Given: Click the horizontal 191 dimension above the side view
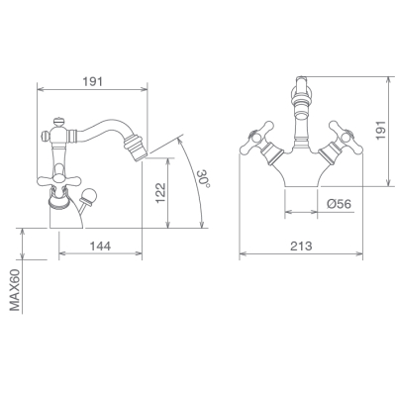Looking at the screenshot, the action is [x=93, y=81].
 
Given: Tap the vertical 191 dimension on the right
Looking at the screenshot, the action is [x=381, y=130].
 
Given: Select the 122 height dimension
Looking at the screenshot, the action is [x=160, y=193].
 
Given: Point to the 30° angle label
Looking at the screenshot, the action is [x=204, y=178].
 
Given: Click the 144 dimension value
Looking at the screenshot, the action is [x=101, y=246].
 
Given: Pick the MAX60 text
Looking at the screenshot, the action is [x=15, y=290].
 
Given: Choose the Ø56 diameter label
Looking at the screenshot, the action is [x=340, y=204].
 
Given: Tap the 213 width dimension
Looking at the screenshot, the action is [x=301, y=246].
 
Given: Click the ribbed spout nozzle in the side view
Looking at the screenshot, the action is [x=134, y=148].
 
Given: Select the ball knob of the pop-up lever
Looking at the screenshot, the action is [x=88, y=196].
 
